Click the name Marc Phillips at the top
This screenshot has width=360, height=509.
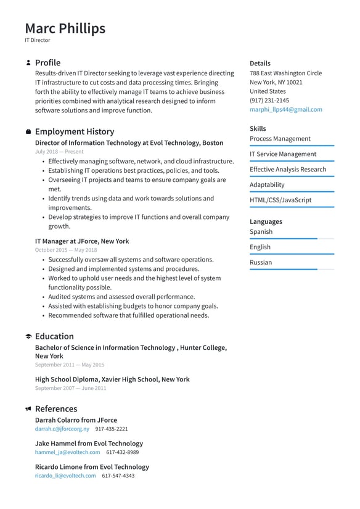(x=65, y=28)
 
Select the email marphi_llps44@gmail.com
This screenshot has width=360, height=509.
(x=285, y=109)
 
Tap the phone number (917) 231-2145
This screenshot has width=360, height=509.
(x=269, y=100)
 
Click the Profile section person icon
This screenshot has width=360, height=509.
(x=28, y=63)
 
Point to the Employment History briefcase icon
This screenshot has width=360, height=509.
(x=28, y=132)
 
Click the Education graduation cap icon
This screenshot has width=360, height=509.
(x=28, y=337)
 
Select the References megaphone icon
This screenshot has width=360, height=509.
(x=28, y=409)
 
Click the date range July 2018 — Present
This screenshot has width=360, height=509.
(x=59, y=151)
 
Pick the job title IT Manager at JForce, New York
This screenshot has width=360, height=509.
(x=82, y=241)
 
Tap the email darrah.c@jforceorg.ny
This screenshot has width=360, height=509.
(x=62, y=429)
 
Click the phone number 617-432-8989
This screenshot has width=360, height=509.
(x=122, y=452)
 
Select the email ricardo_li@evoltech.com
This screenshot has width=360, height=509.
(x=65, y=476)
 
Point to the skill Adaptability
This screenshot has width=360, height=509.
(x=267, y=184)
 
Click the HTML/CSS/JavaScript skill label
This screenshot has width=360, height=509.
(x=280, y=200)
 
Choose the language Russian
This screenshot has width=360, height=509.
(x=261, y=262)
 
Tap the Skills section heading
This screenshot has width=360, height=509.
(x=258, y=128)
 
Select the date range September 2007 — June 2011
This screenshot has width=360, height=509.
(x=70, y=388)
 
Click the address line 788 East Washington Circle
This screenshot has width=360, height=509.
(x=285, y=73)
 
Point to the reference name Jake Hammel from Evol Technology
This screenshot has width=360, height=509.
(x=89, y=443)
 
